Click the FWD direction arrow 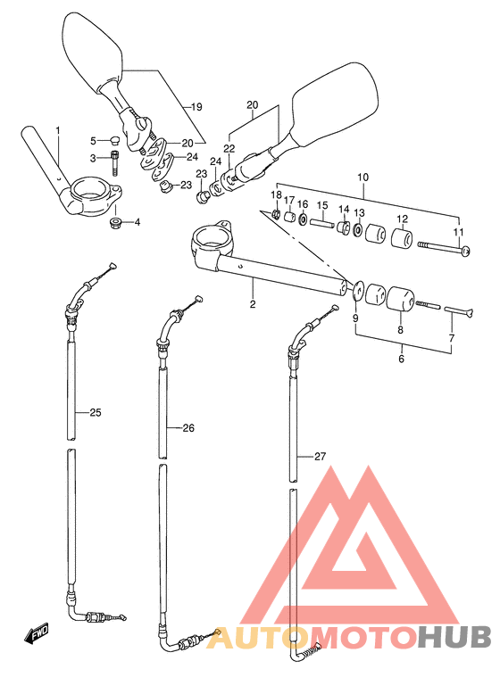coord(37,633)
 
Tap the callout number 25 coord(96,412)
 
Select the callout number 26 coord(188,428)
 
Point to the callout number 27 coord(320,457)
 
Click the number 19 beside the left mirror coord(196,107)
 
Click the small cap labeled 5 coord(114,142)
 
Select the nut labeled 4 coord(116,221)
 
